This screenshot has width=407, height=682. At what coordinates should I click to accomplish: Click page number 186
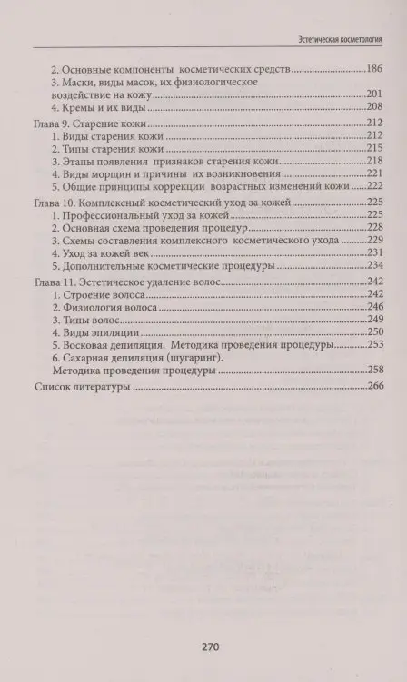[372, 69]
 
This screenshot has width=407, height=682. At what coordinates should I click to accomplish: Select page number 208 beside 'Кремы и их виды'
[372, 105]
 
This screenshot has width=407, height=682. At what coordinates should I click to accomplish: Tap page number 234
[372, 267]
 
